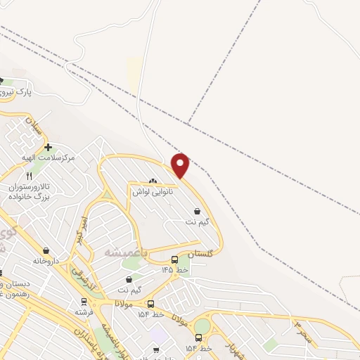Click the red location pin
point(181,165)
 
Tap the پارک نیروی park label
point(16,92)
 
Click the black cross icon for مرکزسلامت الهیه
point(47,147)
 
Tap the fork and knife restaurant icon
point(29,176)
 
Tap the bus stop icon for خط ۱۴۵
point(174,259)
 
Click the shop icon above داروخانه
point(46,250)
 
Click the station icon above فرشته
point(83,301)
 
